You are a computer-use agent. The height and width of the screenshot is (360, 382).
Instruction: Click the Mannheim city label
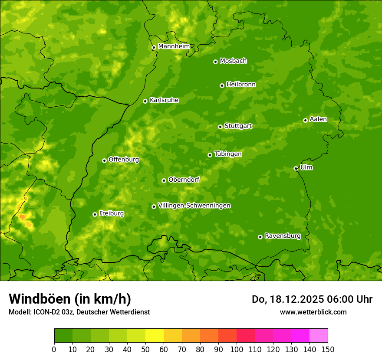[x=174, y=46]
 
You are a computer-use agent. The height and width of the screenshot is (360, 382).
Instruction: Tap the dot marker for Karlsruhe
[x=145, y=101]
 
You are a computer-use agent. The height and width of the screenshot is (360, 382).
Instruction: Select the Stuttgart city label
[x=238, y=126]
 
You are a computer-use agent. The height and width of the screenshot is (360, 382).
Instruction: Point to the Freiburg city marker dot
[x=95, y=214]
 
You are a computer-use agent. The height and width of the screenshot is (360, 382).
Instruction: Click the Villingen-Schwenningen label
[x=194, y=206]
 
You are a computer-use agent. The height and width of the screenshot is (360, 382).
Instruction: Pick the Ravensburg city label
[x=282, y=236]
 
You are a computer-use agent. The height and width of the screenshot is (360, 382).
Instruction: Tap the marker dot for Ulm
[x=296, y=168]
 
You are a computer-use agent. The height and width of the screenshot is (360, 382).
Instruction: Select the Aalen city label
[x=318, y=119]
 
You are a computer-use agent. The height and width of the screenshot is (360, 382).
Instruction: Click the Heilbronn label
[x=241, y=85]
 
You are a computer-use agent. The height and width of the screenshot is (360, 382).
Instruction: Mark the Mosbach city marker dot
[x=215, y=62]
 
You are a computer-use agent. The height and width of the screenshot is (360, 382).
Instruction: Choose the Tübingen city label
[x=228, y=154]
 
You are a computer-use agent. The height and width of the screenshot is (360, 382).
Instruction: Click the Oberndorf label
[x=184, y=180]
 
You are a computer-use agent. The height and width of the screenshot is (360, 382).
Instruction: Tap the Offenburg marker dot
[x=104, y=160]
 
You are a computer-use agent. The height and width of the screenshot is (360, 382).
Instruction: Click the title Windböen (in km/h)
[x=70, y=299]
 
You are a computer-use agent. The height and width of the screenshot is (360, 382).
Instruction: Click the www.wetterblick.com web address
[x=313, y=312]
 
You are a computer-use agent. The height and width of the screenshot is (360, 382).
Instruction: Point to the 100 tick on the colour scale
[x=237, y=350]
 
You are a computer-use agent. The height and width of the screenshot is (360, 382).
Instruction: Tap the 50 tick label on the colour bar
[x=145, y=350]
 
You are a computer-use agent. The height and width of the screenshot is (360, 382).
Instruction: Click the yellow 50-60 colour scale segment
[x=155, y=336]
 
